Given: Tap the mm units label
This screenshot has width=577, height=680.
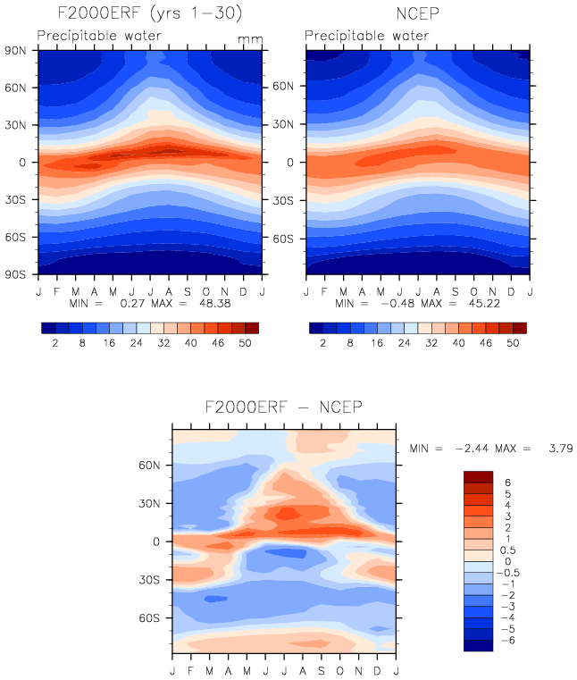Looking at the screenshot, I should click(x=247, y=39).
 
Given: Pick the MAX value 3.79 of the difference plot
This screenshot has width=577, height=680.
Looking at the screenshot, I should click(x=556, y=447).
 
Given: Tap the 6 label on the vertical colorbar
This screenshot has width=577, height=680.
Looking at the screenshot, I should click(x=507, y=482).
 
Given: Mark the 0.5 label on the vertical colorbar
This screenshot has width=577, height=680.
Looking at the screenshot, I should click(x=510, y=550).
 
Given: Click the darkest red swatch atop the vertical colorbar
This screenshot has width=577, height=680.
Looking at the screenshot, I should click(x=478, y=476).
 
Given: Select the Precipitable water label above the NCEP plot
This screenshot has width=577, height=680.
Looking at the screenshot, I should click(x=367, y=36).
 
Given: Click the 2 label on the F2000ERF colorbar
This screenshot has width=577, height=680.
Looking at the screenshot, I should click(x=54, y=344).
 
